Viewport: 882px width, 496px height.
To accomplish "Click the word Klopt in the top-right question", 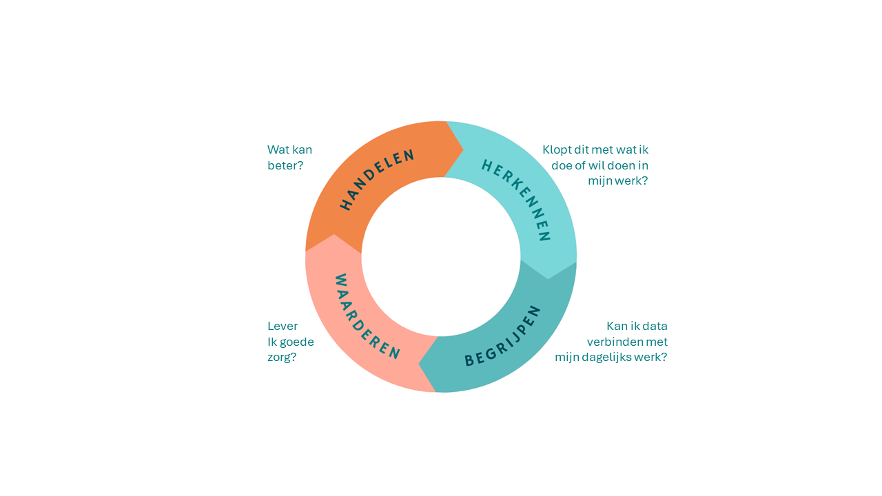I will pyautogui.click(x=557, y=149).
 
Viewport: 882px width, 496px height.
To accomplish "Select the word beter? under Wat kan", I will pyautogui.click(x=285, y=165).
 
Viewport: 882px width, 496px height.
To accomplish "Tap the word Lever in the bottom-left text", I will pyautogui.click(x=283, y=326).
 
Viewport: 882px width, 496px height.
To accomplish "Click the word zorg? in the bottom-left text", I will pyautogui.click(x=282, y=357).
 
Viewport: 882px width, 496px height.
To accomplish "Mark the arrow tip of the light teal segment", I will pyautogui.click(x=548, y=278).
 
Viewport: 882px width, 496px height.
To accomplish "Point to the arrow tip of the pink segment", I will pyautogui.click(x=334, y=235).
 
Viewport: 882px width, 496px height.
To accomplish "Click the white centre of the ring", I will pyautogui.click(x=441, y=257).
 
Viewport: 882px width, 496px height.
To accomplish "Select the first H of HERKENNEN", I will pyautogui.click(x=486, y=165).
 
